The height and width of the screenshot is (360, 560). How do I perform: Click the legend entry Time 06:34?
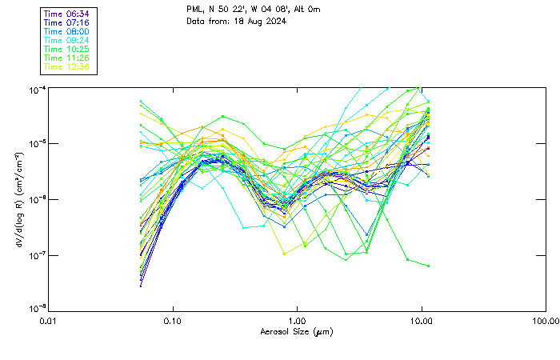(66, 14)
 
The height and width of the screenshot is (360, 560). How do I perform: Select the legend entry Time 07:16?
(66, 23)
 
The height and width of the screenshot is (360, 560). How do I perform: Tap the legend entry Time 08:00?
(66, 32)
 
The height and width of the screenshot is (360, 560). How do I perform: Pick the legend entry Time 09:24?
(66, 41)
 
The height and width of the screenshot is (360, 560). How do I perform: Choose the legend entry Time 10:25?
(66, 50)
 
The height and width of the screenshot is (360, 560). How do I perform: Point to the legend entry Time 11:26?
(66, 58)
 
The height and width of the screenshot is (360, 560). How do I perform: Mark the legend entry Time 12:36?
(66, 67)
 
